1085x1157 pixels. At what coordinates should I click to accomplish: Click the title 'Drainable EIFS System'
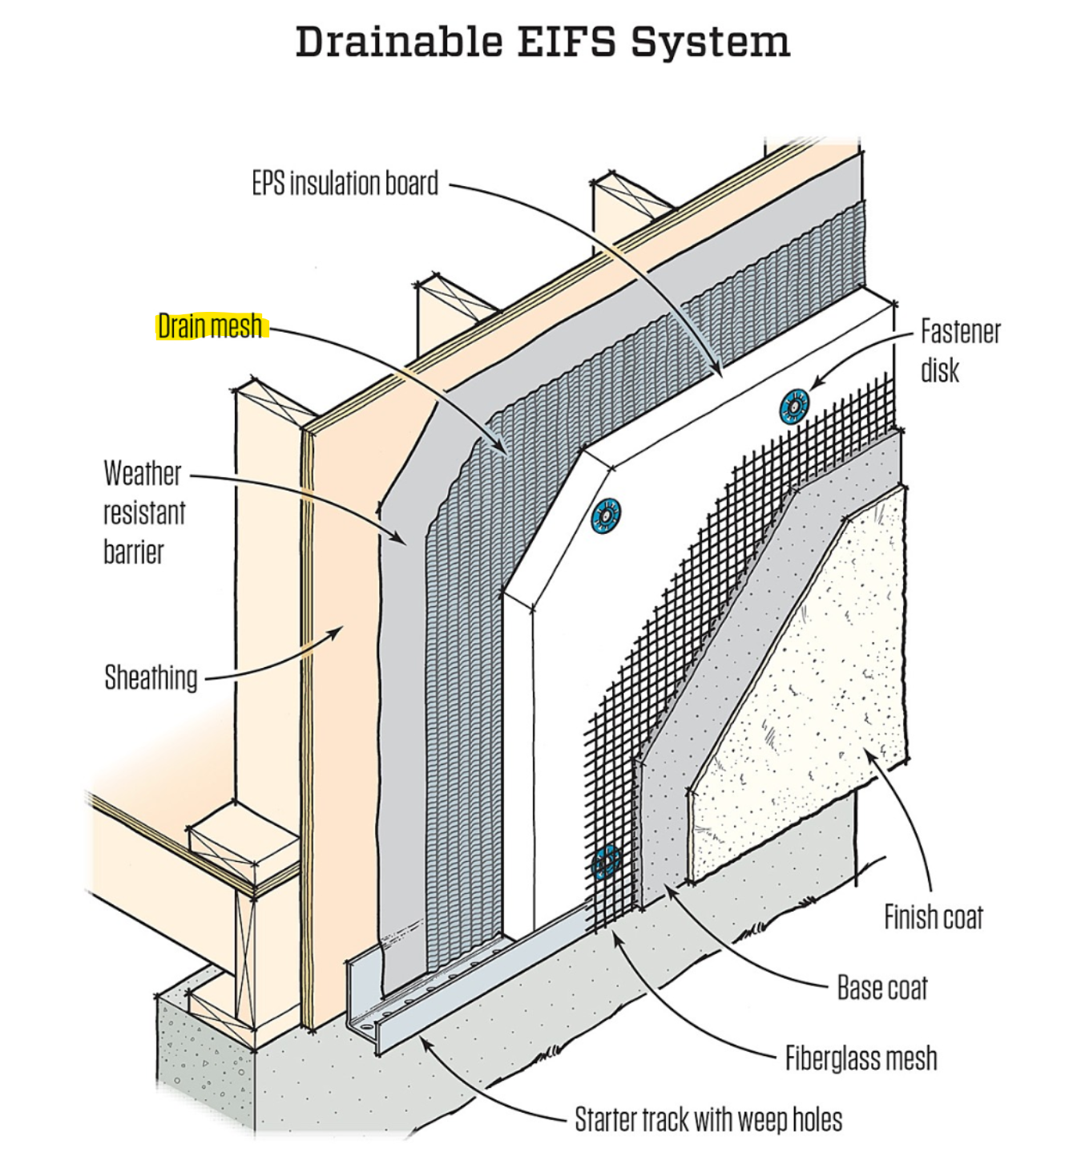coord(542,42)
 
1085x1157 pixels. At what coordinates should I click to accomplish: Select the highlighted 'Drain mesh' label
coord(210,326)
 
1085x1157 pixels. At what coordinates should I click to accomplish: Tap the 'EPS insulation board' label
coord(345,184)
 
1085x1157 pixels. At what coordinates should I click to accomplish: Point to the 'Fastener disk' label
coord(959,350)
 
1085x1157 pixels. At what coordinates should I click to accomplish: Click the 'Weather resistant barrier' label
coord(144,512)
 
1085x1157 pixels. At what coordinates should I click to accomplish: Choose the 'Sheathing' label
coord(151,678)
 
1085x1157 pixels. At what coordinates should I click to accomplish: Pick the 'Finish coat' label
coord(933,916)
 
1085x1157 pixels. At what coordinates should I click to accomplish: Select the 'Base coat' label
coord(881,988)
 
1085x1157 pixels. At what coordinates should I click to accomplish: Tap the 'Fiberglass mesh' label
coord(861,1058)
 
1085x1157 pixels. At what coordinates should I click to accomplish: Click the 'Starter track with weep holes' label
coord(708,1119)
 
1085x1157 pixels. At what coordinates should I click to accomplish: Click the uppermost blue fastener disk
coord(794,407)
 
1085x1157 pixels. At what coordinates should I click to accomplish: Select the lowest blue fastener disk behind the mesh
coord(607,862)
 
